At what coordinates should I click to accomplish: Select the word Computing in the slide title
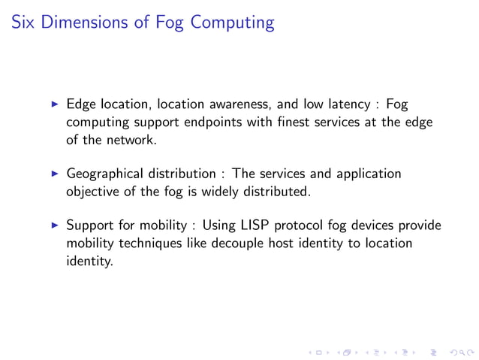[233, 23]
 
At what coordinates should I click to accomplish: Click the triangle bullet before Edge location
[53, 104]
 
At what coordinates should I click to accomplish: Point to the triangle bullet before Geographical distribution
[53, 174]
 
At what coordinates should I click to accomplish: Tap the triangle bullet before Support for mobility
[53, 226]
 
